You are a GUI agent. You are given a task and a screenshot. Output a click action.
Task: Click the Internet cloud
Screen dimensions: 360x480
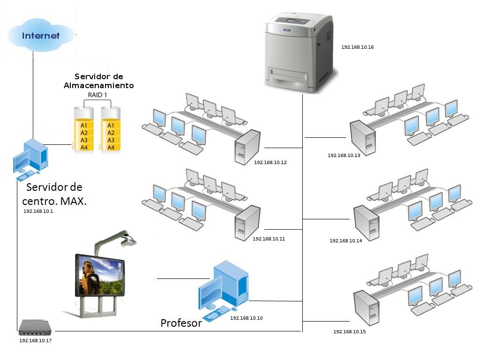(x=41, y=36)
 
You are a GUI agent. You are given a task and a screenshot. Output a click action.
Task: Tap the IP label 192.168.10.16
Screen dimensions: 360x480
(x=357, y=47)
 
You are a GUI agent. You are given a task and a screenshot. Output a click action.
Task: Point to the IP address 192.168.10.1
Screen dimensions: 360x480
(x=38, y=211)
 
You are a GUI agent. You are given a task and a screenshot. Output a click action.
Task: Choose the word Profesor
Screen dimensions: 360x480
(x=181, y=323)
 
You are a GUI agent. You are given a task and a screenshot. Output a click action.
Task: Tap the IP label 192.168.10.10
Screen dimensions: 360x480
(x=246, y=318)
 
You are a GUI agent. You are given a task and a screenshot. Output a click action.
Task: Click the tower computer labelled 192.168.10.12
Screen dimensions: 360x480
(x=247, y=147)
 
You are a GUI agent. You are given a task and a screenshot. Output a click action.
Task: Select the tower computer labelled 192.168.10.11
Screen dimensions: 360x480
(x=247, y=223)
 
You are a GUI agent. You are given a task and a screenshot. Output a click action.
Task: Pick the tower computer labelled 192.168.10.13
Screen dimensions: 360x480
(x=362, y=138)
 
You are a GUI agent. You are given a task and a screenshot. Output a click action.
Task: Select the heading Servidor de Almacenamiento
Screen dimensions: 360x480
(x=98, y=81)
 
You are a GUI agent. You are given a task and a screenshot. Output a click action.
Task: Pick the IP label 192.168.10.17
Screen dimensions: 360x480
(x=35, y=341)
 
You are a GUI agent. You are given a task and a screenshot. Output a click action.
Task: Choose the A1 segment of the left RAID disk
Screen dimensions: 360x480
(x=84, y=126)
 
